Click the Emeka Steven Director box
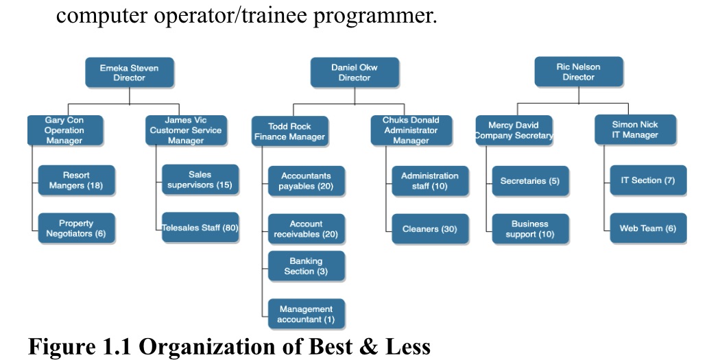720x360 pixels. [x=130, y=73]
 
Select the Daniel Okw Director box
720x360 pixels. [x=355, y=73]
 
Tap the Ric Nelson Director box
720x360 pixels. [x=578, y=72]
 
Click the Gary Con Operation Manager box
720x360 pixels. [x=64, y=130]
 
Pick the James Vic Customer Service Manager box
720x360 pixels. [x=186, y=130]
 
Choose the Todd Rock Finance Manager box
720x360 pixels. [x=290, y=131]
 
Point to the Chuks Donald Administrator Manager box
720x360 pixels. [x=411, y=130]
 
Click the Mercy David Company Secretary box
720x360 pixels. [x=514, y=130]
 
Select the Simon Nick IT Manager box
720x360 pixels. [x=635, y=130]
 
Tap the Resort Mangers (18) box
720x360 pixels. [x=76, y=180]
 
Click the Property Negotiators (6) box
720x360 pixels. [x=76, y=228]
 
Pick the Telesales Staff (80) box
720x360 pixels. [x=200, y=228]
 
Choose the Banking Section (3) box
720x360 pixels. [x=306, y=266]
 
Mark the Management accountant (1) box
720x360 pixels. [x=306, y=314]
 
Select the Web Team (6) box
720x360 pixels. [x=648, y=228]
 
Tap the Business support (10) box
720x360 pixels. [x=530, y=229]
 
